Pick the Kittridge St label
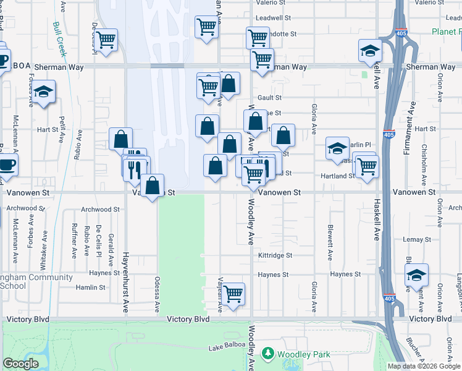(x=275, y=255)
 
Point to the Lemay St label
(x=411, y=239)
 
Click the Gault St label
(x=269, y=98)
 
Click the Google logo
(x=20, y=364)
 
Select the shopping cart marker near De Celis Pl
(x=106, y=40)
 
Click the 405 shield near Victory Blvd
(x=388, y=298)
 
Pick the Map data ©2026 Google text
(x=424, y=365)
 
